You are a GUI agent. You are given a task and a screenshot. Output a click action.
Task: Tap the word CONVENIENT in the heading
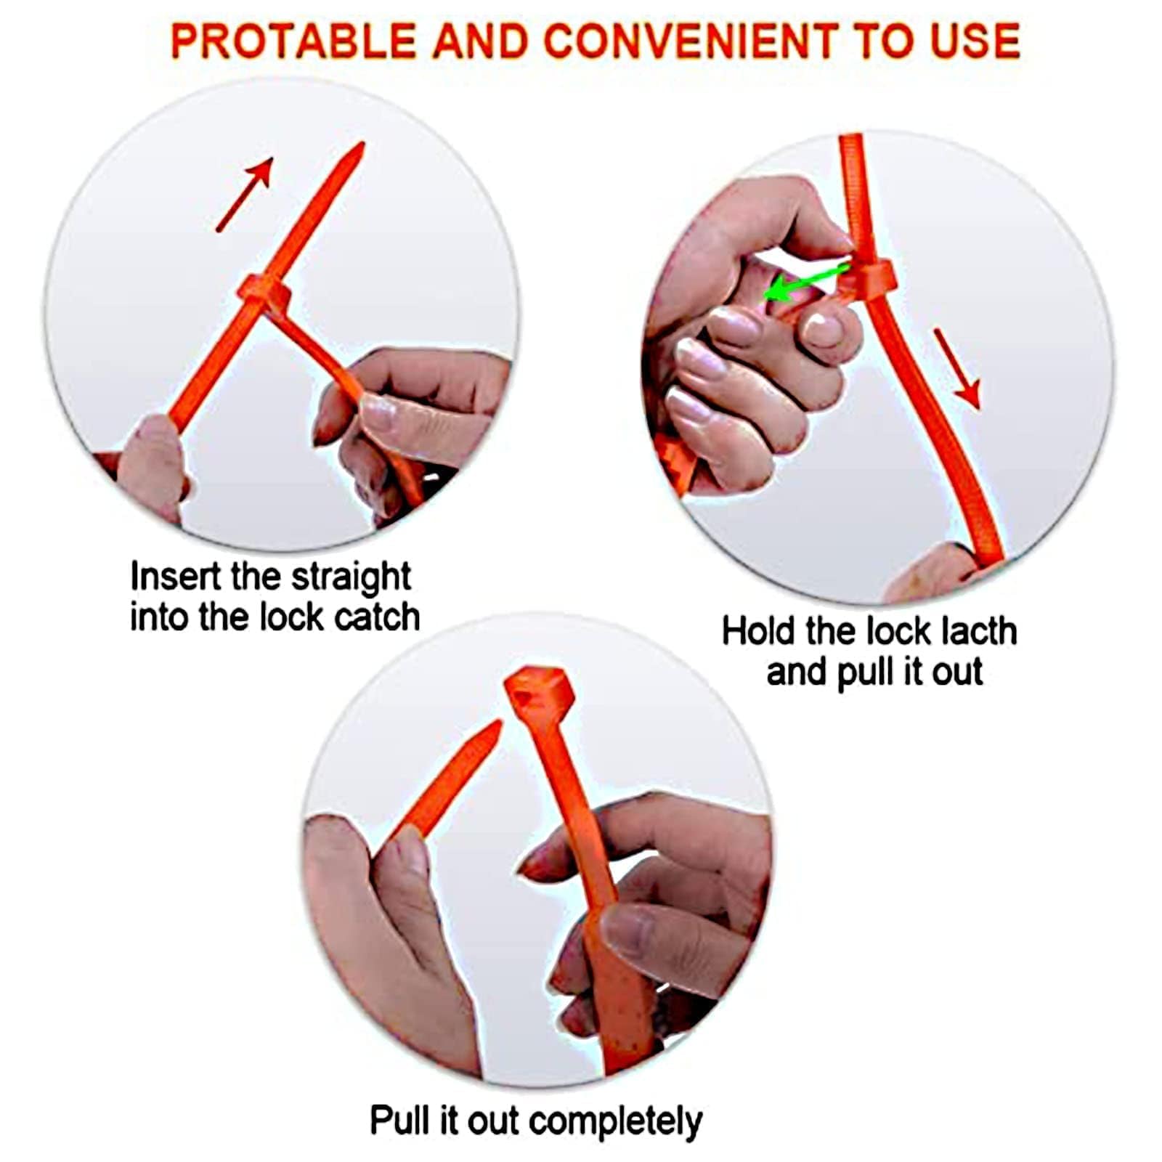(690, 41)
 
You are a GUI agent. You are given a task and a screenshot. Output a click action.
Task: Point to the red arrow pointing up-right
(245, 193)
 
